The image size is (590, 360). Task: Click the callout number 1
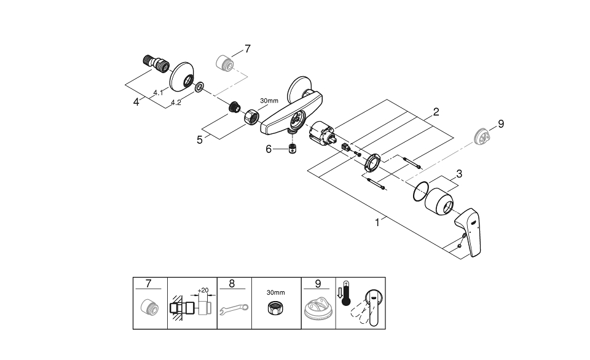(x=377, y=223)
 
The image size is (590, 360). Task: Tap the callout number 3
(x=460, y=174)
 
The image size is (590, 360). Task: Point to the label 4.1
(x=158, y=92)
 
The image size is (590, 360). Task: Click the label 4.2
(x=176, y=103)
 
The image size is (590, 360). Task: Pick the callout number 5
(x=200, y=140)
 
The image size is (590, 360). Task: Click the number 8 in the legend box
(x=232, y=283)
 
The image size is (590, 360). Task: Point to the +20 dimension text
(x=203, y=290)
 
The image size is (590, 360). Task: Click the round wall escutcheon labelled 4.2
(x=183, y=77)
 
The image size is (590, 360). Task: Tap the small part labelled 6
(x=294, y=149)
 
